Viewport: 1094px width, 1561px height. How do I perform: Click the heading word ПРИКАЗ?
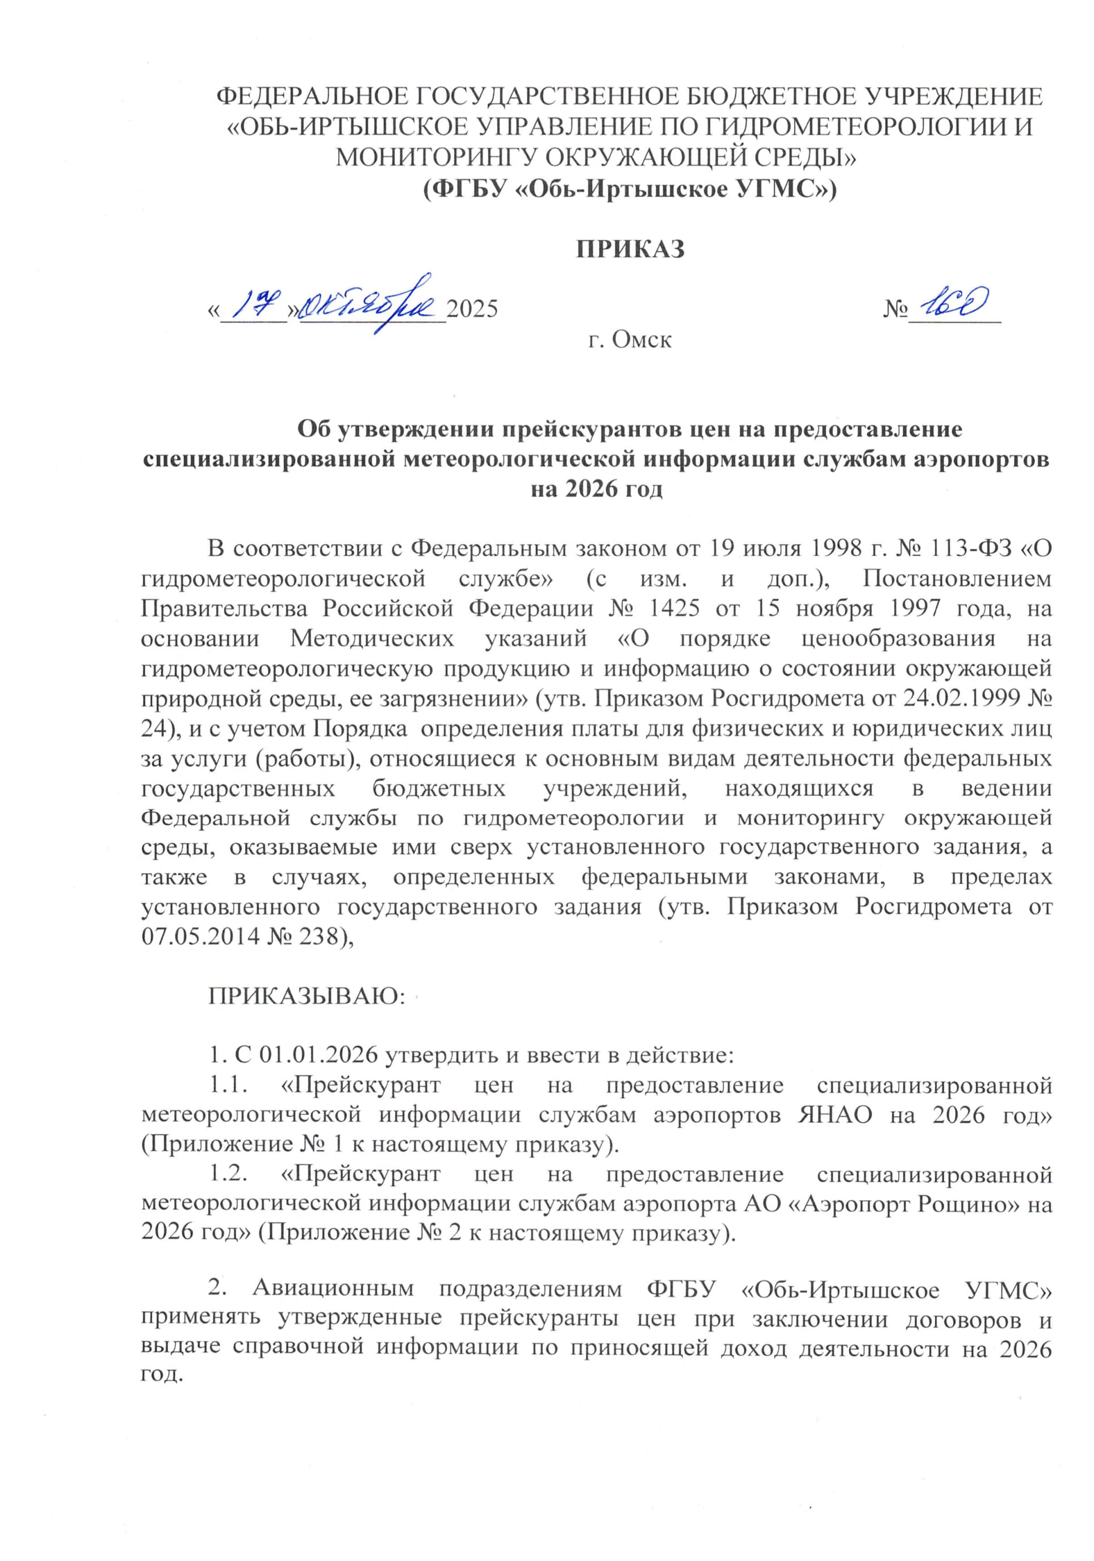click(x=630, y=249)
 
